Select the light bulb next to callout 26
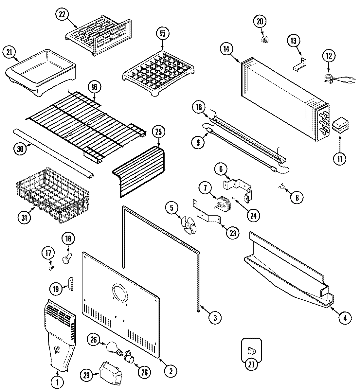point(113,347)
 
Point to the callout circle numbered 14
point(227,49)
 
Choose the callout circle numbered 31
point(24,218)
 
